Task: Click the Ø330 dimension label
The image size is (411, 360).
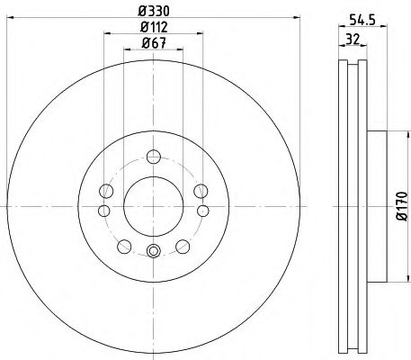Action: (x=154, y=12)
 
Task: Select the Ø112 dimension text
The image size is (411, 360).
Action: (x=154, y=27)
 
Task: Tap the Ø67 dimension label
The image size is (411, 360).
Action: (x=154, y=43)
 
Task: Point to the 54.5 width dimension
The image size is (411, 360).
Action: (x=362, y=20)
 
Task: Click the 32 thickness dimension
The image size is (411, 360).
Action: (x=353, y=39)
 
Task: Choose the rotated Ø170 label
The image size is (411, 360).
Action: (x=402, y=206)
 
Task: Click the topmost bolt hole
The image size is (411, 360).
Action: (x=154, y=157)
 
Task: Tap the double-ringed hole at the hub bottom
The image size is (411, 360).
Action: (x=153, y=251)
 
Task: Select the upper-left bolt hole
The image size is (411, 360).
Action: (x=106, y=191)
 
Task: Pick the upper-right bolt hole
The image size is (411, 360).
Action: (x=201, y=191)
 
